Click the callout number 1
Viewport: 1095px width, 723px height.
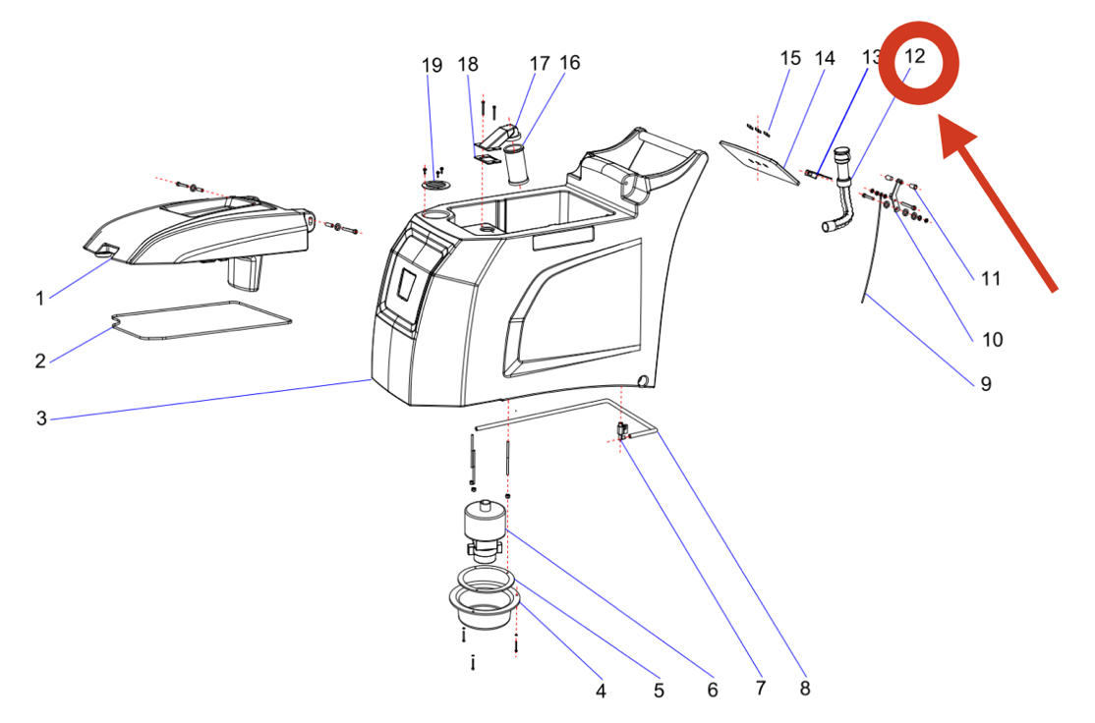(40, 298)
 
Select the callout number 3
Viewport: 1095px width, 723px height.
(41, 418)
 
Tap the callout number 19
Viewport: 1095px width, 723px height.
(432, 65)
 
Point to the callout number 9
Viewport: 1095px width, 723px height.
(985, 383)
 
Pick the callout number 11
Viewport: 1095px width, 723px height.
(991, 279)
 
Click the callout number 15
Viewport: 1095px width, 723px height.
(791, 58)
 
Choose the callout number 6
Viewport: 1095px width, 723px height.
(713, 690)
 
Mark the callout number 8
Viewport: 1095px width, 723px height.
(805, 689)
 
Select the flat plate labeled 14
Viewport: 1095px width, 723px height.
(759, 161)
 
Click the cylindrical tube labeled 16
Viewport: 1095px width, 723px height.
(517, 165)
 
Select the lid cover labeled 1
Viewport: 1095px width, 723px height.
(206, 231)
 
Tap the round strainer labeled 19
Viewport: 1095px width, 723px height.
(432, 185)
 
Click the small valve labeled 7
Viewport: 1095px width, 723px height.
(622, 429)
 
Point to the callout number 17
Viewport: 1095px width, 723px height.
(540, 64)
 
